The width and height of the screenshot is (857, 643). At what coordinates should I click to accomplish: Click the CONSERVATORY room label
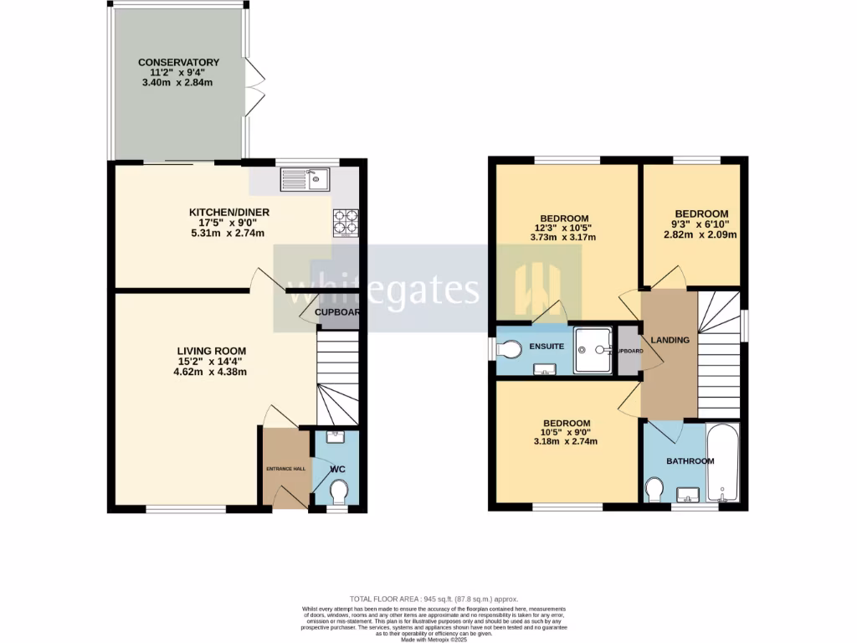pos(178,62)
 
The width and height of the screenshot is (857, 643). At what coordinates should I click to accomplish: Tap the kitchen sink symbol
pos(305,179)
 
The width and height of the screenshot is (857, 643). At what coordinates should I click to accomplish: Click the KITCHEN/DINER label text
pos(228,212)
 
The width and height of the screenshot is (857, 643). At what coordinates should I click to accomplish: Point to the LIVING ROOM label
pos(211,350)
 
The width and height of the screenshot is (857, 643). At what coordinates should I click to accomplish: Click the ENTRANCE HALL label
pos(285,468)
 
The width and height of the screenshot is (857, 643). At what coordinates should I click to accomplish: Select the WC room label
pos(337,469)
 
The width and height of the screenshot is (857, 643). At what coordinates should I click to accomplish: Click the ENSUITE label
pos(545,346)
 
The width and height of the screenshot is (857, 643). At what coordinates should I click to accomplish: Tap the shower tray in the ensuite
pos(594,350)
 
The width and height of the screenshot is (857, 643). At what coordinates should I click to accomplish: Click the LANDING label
pos(670,340)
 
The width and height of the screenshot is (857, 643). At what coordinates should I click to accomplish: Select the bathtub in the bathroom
pos(723,463)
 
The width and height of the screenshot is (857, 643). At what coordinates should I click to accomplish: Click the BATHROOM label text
pos(690,461)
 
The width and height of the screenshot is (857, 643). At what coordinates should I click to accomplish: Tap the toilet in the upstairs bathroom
pos(654,487)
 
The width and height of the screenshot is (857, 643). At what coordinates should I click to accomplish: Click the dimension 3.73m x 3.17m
pos(563,237)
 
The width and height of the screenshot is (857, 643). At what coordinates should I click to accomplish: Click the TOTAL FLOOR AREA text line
pos(434,599)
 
